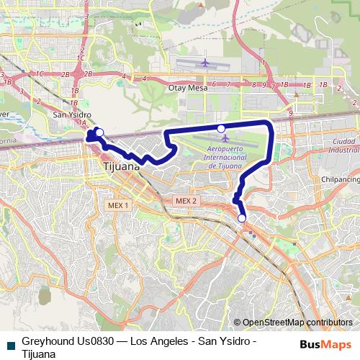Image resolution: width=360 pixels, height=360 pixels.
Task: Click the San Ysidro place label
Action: [x=71, y=114]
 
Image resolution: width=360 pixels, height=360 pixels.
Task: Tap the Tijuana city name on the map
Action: [x=117, y=166]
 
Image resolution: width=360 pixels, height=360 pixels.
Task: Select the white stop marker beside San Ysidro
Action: [x=99, y=132]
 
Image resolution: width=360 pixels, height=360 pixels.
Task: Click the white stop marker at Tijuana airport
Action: [x=221, y=128]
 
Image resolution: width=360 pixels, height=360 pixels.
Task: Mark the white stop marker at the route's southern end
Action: [x=241, y=218]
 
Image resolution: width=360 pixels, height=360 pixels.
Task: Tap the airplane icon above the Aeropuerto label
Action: [x=226, y=138]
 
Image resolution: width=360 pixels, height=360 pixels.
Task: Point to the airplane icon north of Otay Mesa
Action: [x=205, y=63]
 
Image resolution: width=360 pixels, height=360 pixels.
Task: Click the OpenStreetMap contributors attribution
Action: [x=297, y=323]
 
